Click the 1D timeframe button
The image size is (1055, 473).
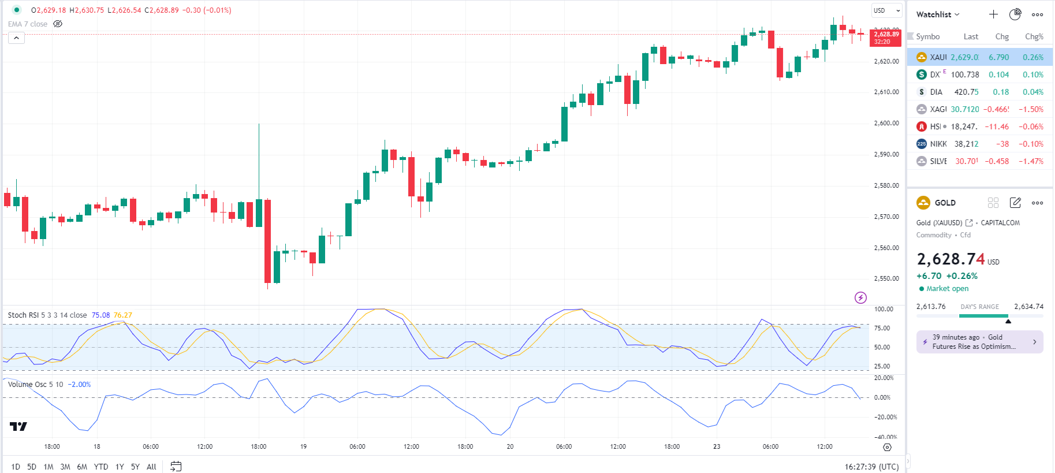[16, 467]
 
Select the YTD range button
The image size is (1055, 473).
[101, 467]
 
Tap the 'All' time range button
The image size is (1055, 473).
[151, 467]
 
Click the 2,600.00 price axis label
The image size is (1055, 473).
[886, 123]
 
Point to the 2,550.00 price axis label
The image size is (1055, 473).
[886, 278]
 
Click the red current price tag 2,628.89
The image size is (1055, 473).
[886, 38]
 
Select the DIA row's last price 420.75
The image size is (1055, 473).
[966, 92]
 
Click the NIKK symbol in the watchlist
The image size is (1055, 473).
[938, 144]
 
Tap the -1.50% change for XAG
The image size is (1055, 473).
[1031, 109]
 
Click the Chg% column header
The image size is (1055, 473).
[1034, 36]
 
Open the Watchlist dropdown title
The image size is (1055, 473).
[938, 14]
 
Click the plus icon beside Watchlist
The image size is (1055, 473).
[993, 14]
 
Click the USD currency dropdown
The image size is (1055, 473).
[886, 10]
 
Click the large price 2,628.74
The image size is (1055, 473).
[950, 259]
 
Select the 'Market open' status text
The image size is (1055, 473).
[947, 289]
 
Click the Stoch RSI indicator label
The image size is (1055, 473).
[47, 315]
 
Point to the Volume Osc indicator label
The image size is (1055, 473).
[36, 385]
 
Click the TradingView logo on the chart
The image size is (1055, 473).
[18, 427]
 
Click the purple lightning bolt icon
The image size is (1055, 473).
[860, 298]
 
